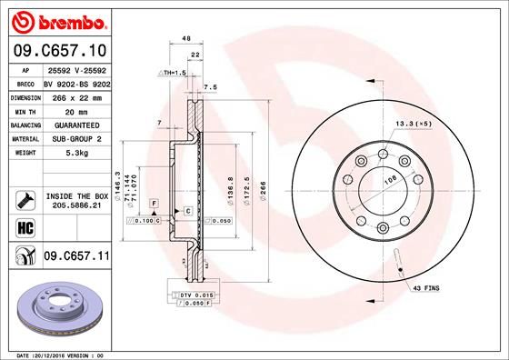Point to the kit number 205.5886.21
click(76, 205)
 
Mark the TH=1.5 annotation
click(173, 72)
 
